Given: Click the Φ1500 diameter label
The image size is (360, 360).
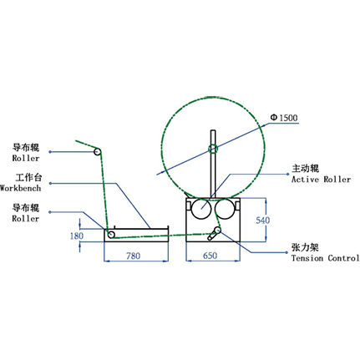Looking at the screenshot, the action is tap(284, 118).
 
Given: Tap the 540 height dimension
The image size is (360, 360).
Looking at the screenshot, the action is tap(263, 221).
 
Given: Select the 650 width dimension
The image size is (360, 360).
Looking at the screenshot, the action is tap(210, 256).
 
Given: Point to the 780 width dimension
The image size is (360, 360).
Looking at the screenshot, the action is tap(134, 256).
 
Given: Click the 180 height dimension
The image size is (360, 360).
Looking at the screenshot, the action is tap(77, 236).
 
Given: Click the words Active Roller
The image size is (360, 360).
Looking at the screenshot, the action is tap(321, 180).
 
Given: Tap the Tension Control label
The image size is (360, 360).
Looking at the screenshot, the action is tap(325, 258).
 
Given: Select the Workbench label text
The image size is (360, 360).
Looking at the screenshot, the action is tap(20, 188).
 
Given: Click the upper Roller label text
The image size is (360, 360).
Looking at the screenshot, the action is tap(26, 158).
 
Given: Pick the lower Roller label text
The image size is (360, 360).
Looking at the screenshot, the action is tap(26, 219).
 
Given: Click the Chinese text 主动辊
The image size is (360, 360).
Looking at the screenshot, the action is tap(305, 169).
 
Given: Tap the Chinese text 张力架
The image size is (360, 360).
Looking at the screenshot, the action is tap(305, 247).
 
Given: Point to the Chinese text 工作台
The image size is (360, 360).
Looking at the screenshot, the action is tap(28, 177).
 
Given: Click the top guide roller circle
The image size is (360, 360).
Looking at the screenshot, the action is tap(98, 152).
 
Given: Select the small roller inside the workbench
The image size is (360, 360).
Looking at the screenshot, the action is tap(111, 234).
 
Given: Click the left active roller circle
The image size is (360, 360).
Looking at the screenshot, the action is tap(201, 209).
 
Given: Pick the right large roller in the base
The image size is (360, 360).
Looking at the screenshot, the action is tap(226, 209).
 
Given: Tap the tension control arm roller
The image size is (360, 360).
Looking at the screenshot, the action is tap(217, 231).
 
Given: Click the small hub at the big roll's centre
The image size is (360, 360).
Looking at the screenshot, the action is tap(213, 149).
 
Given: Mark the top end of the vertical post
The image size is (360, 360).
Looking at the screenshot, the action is tap(213, 130).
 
